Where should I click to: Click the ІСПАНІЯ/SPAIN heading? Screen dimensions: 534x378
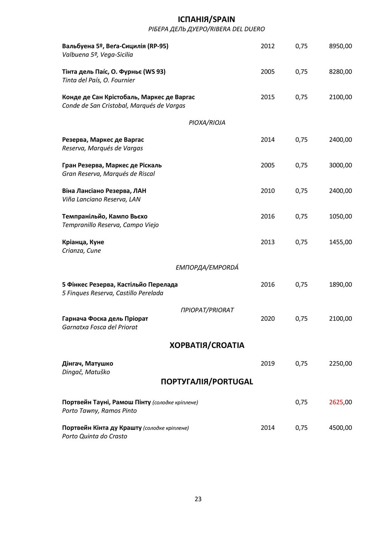point(206,19)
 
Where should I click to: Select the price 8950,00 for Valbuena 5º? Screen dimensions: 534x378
point(340,46)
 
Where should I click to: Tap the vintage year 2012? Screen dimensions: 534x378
point(267,46)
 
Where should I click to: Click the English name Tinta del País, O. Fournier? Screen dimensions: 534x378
point(98,80)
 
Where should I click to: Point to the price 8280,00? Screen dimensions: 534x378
point(340,72)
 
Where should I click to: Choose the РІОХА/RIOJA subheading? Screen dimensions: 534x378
point(207,123)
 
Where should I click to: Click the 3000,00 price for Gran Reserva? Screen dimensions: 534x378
point(340,165)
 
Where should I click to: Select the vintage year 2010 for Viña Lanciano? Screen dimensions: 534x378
point(267,191)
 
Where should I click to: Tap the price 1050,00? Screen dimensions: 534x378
point(340,216)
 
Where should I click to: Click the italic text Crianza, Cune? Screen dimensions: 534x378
point(81,251)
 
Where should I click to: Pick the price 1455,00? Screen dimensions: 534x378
point(340,242)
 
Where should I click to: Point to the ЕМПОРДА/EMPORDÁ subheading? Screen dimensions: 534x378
point(207,268)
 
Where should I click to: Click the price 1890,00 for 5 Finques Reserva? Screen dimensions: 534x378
point(340,285)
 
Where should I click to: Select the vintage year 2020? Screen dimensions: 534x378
point(267,319)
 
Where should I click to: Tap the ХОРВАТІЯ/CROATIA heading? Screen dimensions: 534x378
point(207,345)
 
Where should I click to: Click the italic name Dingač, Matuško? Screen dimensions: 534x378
point(86,372)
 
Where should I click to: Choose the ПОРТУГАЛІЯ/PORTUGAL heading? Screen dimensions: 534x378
point(207,382)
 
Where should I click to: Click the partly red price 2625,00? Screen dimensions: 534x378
point(340,402)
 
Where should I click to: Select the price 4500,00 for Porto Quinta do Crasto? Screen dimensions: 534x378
point(340,428)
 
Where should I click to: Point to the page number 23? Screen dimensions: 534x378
point(198,499)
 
